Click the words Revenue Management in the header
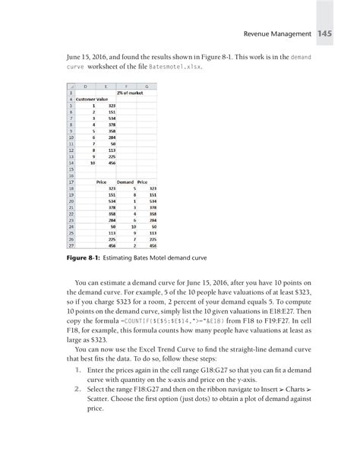[x=276, y=33]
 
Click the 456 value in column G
[x=153, y=247]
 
